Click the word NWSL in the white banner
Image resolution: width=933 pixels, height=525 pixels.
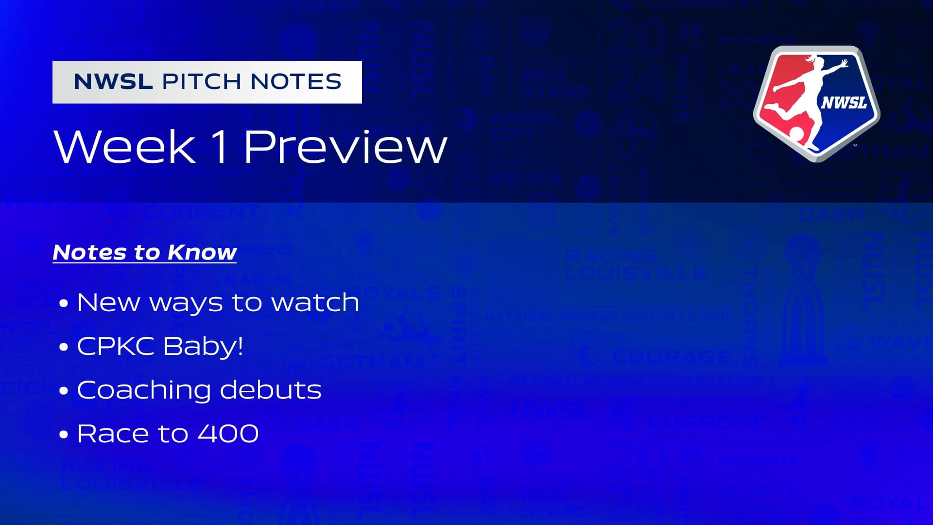pyautogui.click(x=113, y=82)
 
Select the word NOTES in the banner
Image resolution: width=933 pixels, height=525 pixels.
pyautogui.click(x=296, y=82)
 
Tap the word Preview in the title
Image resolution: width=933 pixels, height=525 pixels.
pyautogui.click(x=345, y=147)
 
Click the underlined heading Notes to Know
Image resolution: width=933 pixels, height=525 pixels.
pyautogui.click(x=145, y=253)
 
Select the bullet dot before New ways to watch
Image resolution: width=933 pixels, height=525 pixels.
pyautogui.click(x=64, y=304)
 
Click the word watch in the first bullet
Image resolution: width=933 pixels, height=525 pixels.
pyautogui.click(x=315, y=302)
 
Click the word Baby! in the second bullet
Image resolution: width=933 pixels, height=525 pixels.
pyautogui.click(x=203, y=346)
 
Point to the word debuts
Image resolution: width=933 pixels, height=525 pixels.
pyautogui.click(x=271, y=390)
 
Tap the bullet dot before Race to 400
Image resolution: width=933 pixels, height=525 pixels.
pyautogui.click(x=64, y=435)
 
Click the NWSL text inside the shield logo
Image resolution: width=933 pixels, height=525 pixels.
pyautogui.click(x=845, y=103)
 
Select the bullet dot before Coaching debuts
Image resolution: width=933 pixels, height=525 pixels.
pyautogui.click(x=64, y=391)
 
